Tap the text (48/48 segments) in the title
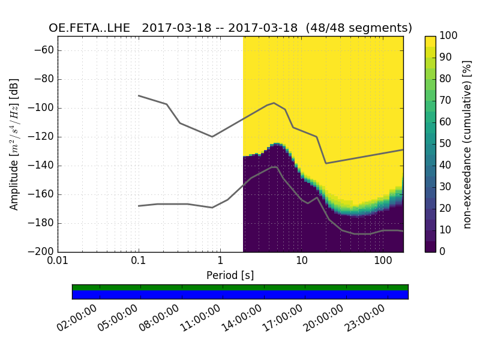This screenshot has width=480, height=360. tap(359, 28)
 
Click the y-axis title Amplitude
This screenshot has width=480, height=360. tap(14, 144)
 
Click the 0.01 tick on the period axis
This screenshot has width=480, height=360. tap(58, 261)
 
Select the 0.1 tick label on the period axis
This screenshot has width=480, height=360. tap(139, 261)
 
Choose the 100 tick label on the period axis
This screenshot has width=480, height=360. tap(382, 261)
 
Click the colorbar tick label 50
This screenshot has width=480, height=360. tap(448, 144)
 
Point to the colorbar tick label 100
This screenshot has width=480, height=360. tap(451, 36)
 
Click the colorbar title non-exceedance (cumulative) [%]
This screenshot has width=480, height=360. tap(468, 144)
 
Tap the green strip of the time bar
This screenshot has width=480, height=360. tap(240, 287)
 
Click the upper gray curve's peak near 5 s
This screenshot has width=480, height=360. tap(274, 103)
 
